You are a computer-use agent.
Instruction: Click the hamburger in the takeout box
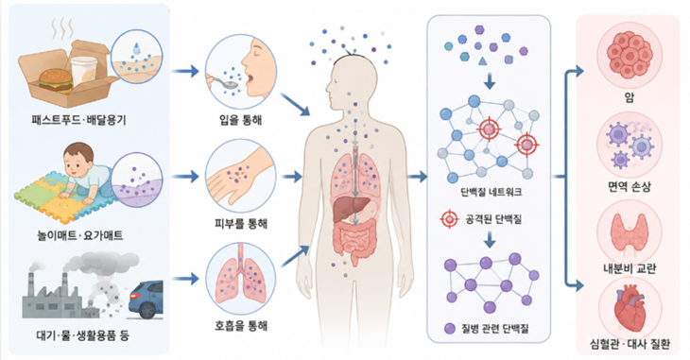(56, 80)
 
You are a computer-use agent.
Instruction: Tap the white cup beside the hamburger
(83, 71)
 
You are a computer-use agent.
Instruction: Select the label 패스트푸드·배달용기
(78, 120)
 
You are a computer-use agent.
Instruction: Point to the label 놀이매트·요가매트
(80, 235)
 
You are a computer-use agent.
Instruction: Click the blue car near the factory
(146, 300)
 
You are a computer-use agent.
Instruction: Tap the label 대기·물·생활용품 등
(83, 335)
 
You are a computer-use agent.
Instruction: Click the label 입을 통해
(241, 120)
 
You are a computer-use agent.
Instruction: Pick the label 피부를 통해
(241, 223)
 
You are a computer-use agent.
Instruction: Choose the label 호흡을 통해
(241, 326)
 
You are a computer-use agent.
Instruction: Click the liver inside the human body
(347, 209)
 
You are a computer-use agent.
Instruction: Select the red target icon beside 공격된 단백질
(450, 218)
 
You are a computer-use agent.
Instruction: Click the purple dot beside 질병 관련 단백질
(449, 328)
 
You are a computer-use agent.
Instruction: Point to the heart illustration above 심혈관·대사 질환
(629, 309)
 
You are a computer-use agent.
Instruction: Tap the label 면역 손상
(630, 187)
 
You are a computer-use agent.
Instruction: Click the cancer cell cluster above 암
(630, 55)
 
